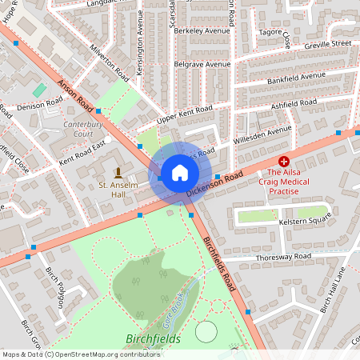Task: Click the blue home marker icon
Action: [x=179, y=172]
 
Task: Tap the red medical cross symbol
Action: [x=284, y=161]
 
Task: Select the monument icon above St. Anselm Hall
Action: [x=118, y=173]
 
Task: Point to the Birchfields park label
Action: [x=153, y=339]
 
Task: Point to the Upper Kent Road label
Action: [x=185, y=114]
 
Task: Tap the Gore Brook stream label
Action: [x=170, y=309]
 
